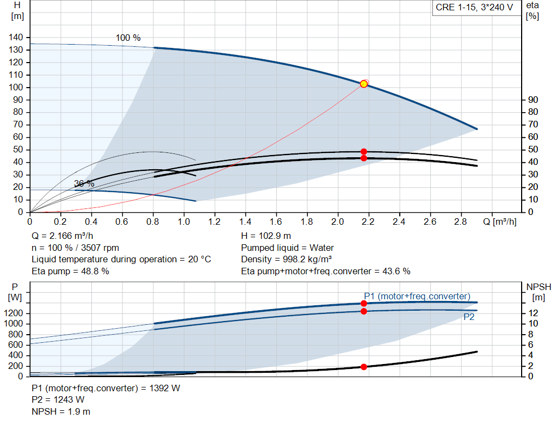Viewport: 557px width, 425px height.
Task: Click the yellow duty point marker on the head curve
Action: click(363, 84)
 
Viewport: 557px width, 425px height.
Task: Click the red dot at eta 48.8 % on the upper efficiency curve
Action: click(363, 152)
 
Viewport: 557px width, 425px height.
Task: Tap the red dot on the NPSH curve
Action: click(363, 367)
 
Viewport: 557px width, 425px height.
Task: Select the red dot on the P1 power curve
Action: click(363, 303)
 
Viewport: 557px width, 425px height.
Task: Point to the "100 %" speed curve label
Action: click(128, 38)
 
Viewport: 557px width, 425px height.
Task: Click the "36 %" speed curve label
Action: click(84, 183)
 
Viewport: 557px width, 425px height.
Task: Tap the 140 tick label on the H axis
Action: click(16, 38)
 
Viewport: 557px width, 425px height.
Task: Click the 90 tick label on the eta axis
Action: click(533, 100)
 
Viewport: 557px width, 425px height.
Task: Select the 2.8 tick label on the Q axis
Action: click(460, 221)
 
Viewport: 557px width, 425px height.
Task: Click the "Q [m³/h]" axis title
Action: click(500, 221)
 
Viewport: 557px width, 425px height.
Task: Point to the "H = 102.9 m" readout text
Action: click(266, 236)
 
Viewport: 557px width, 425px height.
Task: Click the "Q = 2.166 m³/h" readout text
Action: click(63, 236)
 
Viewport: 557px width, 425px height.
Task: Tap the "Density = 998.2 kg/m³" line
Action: click(287, 259)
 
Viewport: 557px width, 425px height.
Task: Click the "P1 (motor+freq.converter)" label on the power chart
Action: click(417, 296)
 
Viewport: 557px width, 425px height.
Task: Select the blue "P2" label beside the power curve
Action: click(469, 317)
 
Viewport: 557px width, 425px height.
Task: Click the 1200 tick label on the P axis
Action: click(13, 313)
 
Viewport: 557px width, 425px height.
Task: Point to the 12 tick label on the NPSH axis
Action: click(533, 313)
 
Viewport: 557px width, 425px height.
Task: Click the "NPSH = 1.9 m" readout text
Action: click(61, 411)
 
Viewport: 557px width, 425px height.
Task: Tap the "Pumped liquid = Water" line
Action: click(287, 248)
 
